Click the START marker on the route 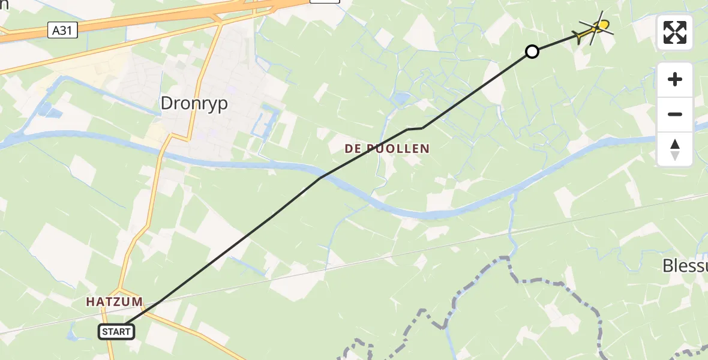pyautogui.click(x=116, y=331)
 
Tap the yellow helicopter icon pyautogui.click(x=595, y=28)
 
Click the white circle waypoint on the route pyautogui.click(x=532, y=52)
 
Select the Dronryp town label pyautogui.click(x=194, y=104)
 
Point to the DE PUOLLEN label pyautogui.click(x=387, y=149)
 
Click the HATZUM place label pyautogui.click(x=114, y=302)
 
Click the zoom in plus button pyautogui.click(x=675, y=79)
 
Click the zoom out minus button pyautogui.click(x=675, y=114)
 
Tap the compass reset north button pyautogui.click(x=675, y=149)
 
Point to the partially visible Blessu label pyautogui.click(x=685, y=266)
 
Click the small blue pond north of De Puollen pyautogui.click(x=401, y=97)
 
